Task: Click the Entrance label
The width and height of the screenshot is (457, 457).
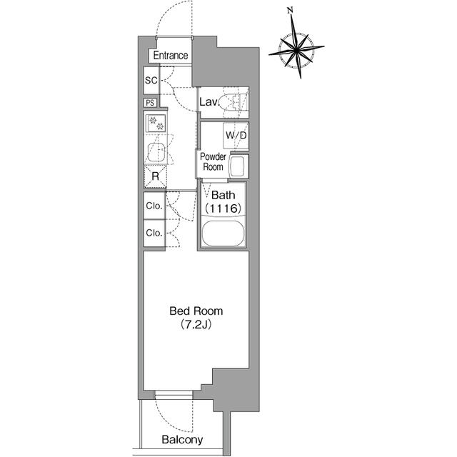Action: pyautogui.click(x=169, y=56)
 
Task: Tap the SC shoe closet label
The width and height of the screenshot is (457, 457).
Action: pyautogui.click(x=151, y=80)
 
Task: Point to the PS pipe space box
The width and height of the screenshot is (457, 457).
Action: pyautogui.click(x=151, y=103)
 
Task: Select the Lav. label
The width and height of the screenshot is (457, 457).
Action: pyautogui.click(x=209, y=103)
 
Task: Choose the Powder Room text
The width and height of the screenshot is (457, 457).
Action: pyautogui.click(x=213, y=161)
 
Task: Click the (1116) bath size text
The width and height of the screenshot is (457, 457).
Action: pyautogui.click(x=225, y=208)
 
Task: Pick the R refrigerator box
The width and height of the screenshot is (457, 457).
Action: pyautogui.click(x=155, y=176)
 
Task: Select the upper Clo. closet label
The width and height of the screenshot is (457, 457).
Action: pyautogui.click(x=154, y=206)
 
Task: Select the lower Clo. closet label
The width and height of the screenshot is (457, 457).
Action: pyautogui.click(x=154, y=233)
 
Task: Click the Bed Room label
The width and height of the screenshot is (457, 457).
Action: pyautogui.click(x=196, y=311)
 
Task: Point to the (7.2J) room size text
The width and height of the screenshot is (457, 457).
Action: pyautogui.click(x=196, y=325)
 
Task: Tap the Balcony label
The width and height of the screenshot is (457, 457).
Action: pyautogui.click(x=182, y=440)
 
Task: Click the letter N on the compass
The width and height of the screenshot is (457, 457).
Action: pyautogui.click(x=290, y=10)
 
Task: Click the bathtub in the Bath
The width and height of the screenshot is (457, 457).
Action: pyautogui.click(x=224, y=233)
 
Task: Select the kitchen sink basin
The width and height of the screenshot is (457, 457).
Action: pyautogui.click(x=156, y=151)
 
